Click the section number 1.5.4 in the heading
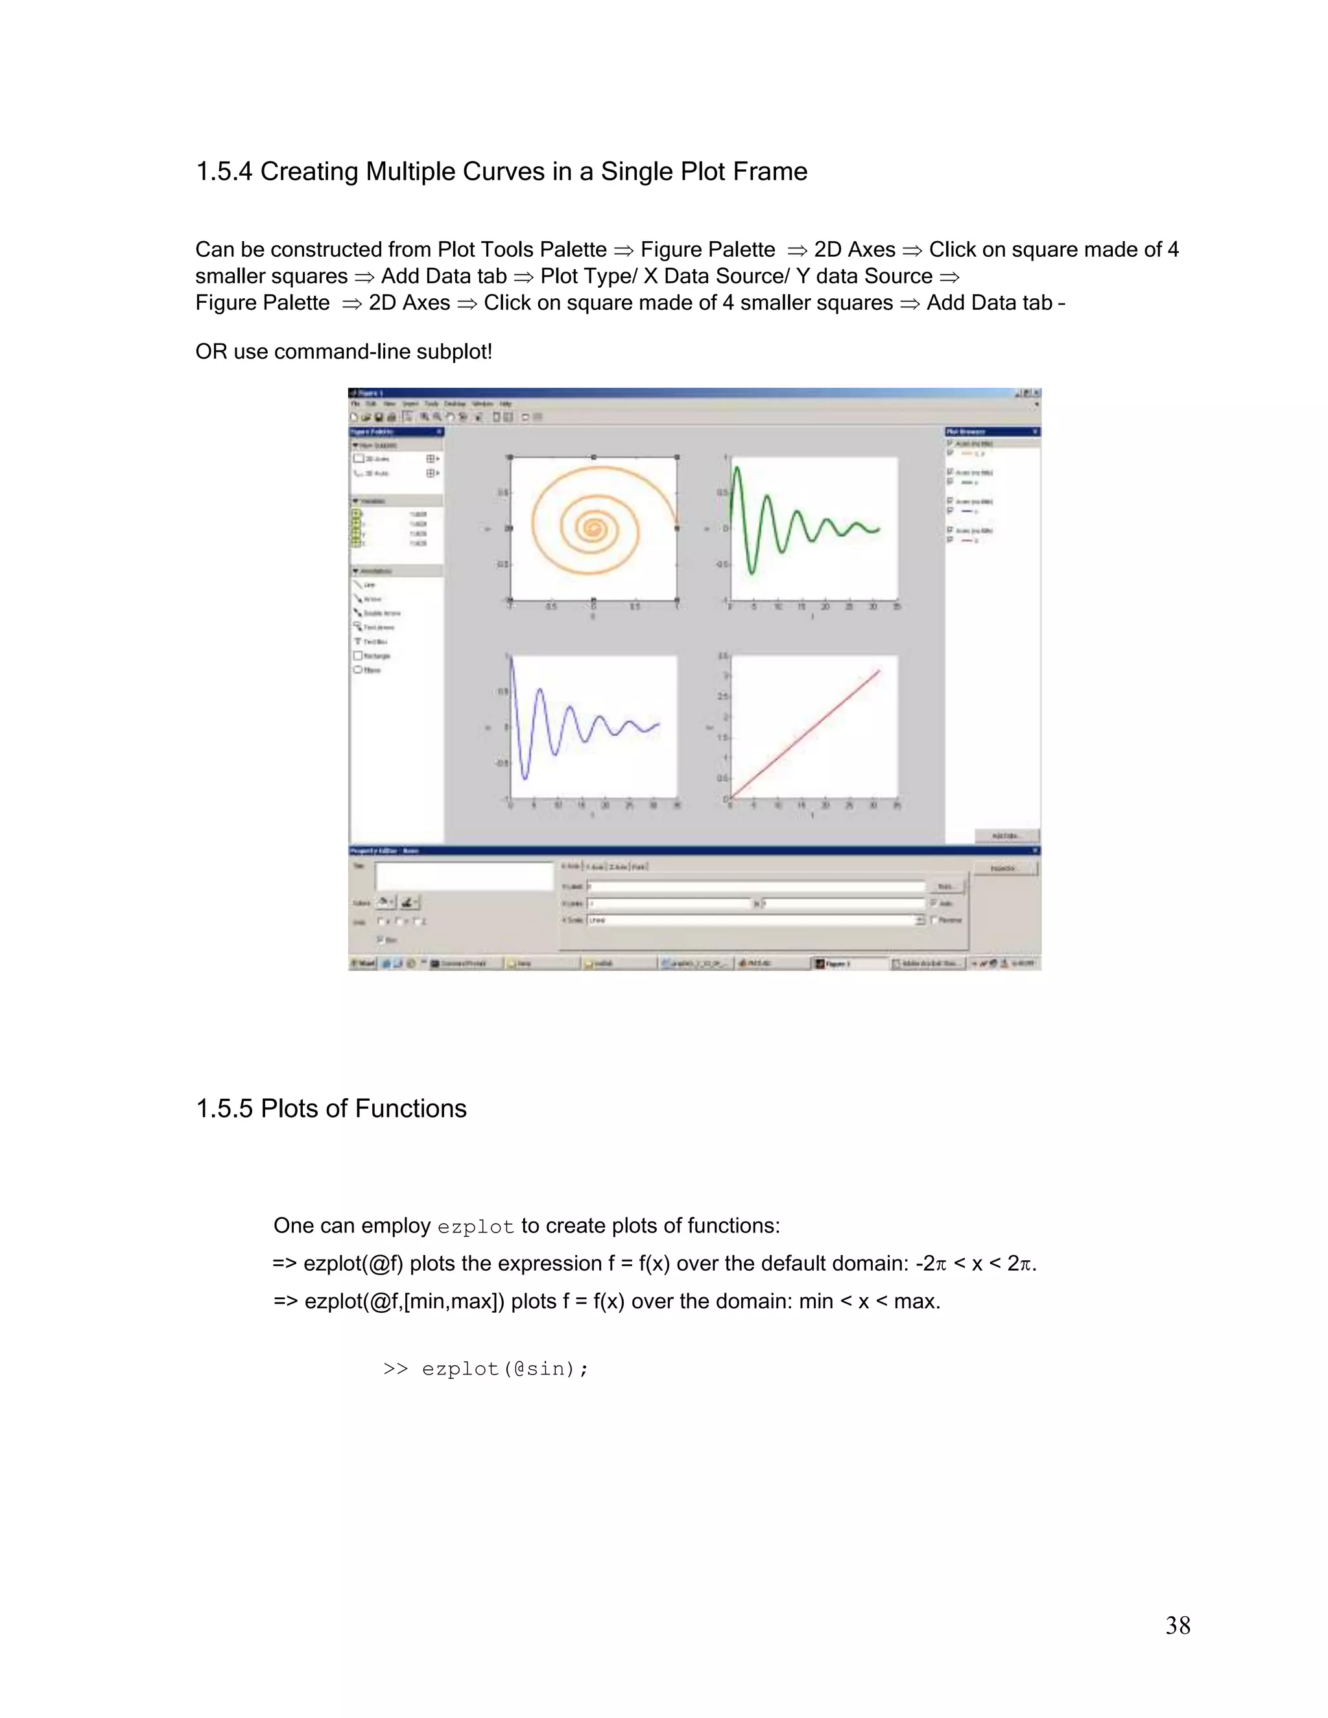pos(224,172)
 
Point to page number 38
pos(1177,1625)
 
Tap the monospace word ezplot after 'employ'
pos(475,1227)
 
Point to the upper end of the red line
pos(878,671)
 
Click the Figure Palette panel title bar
pos(394,432)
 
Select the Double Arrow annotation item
pos(381,613)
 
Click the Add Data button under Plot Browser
pos(1006,836)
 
